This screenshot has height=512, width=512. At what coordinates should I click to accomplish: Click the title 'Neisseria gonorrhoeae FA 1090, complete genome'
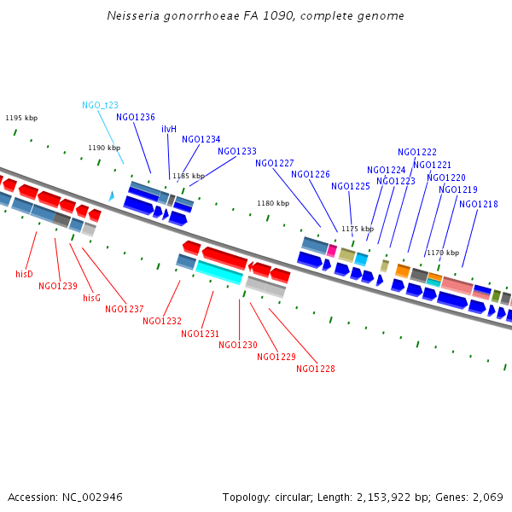[x=256, y=16]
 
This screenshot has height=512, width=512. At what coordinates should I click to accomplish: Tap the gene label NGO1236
[x=136, y=117]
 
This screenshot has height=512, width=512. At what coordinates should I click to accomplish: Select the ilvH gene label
[x=169, y=129]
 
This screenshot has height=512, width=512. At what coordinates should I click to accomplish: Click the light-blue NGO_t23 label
[x=100, y=105]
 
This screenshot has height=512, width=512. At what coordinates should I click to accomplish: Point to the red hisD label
[x=24, y=274]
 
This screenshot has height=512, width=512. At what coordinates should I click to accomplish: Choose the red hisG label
[x=91, y=298]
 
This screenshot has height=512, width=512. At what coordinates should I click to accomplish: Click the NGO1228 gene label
[x=316, y=369]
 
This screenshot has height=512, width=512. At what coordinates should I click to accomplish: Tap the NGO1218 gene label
[x=479, y=204]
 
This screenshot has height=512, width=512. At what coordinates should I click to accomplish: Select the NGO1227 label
[x=275, y=163]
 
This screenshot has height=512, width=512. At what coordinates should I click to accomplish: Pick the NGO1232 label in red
[x=162, y=321]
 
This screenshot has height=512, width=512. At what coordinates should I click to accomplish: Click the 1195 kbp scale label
[x=21, y=119]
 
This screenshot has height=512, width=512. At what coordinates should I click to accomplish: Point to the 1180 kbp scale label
[x=273, y=203]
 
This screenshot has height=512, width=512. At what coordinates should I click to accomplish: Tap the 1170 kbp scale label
[x=443, y=253]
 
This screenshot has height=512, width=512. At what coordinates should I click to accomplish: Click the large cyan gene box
[x=219, y=271]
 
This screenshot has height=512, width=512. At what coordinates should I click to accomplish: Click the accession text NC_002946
[x=65, y=497]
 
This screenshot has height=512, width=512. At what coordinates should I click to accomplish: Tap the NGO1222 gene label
[x=417, y=152]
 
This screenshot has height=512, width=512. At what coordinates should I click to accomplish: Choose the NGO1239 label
[x=58, y=286]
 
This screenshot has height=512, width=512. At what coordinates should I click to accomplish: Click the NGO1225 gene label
[x=351, y=186]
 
